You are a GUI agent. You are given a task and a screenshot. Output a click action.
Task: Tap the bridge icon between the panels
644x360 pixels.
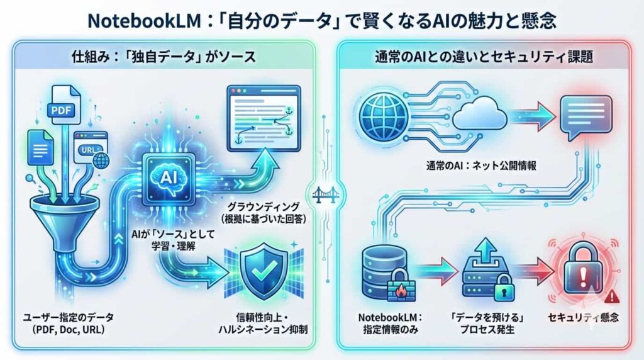[x=322, y=191]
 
